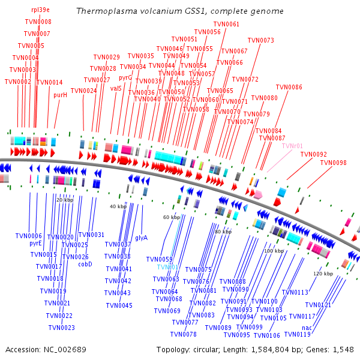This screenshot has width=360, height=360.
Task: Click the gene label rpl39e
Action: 41,10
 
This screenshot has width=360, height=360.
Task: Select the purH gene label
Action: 60,95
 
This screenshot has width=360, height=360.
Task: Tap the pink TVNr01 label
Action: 292,146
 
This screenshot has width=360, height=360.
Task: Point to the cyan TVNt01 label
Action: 168,268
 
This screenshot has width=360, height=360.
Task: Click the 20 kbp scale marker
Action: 64,200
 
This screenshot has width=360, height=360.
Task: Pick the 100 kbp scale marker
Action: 274,251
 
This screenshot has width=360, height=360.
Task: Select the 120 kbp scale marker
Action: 323,274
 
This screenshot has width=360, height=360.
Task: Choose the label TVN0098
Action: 333,163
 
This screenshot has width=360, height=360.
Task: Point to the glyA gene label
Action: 141,238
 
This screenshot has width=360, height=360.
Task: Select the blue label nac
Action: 307,328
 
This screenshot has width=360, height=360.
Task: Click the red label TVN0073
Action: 260,41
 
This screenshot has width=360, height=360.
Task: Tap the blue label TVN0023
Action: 61,328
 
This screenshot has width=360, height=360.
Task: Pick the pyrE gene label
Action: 35,244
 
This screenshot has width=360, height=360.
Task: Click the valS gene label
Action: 116,88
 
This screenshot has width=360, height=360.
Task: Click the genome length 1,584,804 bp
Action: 272,349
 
